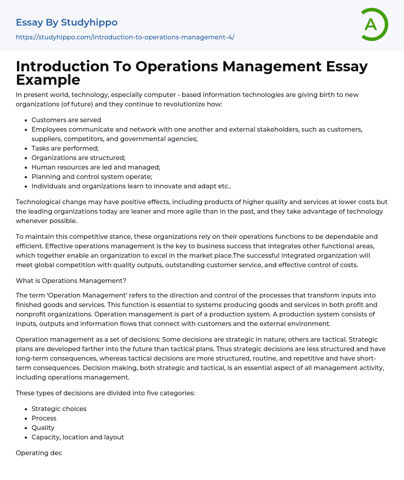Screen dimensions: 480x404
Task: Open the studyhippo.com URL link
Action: (x=125, y=37)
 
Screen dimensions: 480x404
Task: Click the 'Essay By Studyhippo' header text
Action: (x=67, y=22)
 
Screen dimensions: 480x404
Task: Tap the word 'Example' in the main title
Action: (x=48, y=80)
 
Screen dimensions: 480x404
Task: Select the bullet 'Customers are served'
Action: (x=66, y=120)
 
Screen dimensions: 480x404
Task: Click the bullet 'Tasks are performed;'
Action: (x=65, y=148)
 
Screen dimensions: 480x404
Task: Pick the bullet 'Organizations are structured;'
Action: (x=79, y=158)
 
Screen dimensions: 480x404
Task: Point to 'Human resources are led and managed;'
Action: (x=96, y=167)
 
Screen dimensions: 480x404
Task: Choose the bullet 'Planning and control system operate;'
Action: (x=92, y=177)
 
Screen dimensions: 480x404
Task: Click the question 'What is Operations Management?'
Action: (x=71, y=281)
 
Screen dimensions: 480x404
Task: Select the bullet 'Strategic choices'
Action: (x=59, y=409)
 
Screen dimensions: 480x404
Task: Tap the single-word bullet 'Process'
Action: (x=44, y=418)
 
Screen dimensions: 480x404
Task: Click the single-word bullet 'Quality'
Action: (x=43, y=428)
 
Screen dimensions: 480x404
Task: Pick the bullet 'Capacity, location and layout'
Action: (x=78, y=437)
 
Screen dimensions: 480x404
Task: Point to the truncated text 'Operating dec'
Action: (x=39, y=453)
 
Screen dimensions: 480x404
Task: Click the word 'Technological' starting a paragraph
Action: (x=36, y=202)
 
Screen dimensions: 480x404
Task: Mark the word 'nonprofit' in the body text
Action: (x=30, y=314)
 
